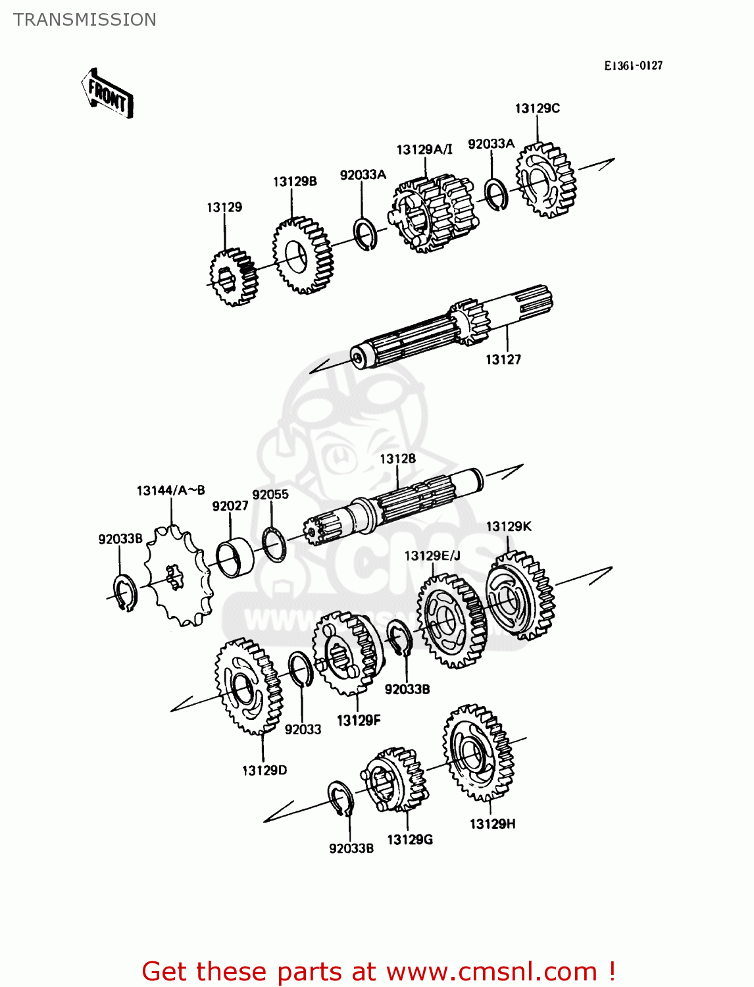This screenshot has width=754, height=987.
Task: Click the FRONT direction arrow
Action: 107,94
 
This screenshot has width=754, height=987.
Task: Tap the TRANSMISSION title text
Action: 85,20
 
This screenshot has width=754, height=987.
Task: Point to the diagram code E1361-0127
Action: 634,66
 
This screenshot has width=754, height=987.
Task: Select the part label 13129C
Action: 537,109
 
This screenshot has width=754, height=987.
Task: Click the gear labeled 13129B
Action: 302,256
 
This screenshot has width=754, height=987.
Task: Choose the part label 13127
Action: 503,359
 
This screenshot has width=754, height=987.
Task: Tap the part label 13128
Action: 397,459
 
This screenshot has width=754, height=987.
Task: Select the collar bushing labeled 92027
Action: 235,557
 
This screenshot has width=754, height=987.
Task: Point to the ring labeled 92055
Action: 274,544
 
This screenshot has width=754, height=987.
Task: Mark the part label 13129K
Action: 508,526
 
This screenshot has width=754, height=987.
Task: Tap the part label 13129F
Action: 359,721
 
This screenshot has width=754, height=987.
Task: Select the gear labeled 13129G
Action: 395,780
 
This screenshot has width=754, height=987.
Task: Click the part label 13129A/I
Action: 424,150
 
